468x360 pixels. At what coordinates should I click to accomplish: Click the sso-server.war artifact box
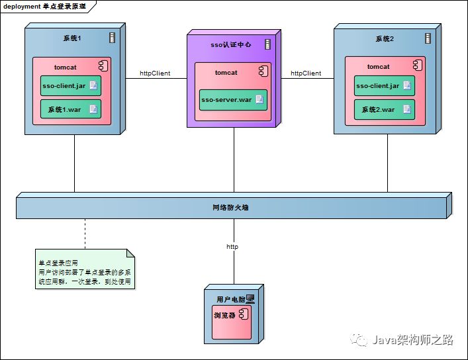233,100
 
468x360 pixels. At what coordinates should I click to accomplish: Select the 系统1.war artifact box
71,109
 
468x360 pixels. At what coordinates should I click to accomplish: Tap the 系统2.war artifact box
385,110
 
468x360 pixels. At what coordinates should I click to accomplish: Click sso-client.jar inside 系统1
71,85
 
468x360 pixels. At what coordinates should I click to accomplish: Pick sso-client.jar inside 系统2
385,85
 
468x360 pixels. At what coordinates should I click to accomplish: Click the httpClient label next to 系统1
155,73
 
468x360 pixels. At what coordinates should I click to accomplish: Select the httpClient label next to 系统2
306,73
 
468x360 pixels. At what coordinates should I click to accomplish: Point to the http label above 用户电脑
232,247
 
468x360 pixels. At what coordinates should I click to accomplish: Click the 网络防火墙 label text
230,207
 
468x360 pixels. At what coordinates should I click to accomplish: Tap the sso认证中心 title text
231,45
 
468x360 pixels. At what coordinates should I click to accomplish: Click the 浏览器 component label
224,315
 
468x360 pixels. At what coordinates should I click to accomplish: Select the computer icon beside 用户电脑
250,299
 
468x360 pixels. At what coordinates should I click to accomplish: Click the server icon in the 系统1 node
112,38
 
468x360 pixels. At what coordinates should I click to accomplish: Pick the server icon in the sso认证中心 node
267,44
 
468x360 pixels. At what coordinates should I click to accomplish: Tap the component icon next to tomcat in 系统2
418,66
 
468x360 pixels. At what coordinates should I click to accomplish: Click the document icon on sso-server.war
259,99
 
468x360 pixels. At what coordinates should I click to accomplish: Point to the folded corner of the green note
130,253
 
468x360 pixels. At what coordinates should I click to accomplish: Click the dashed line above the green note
85,234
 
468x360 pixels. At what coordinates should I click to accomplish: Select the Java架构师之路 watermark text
413,339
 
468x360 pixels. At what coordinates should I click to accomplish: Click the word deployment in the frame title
21,6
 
